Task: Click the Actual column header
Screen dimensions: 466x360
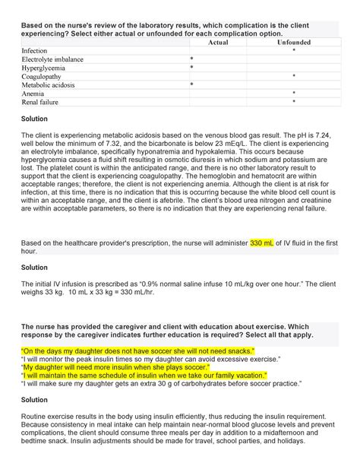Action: (218, 43)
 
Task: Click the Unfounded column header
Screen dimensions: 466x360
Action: (294, 43)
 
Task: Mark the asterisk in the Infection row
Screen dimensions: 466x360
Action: (294, 51)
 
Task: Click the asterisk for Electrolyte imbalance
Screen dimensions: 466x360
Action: (191, 59)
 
